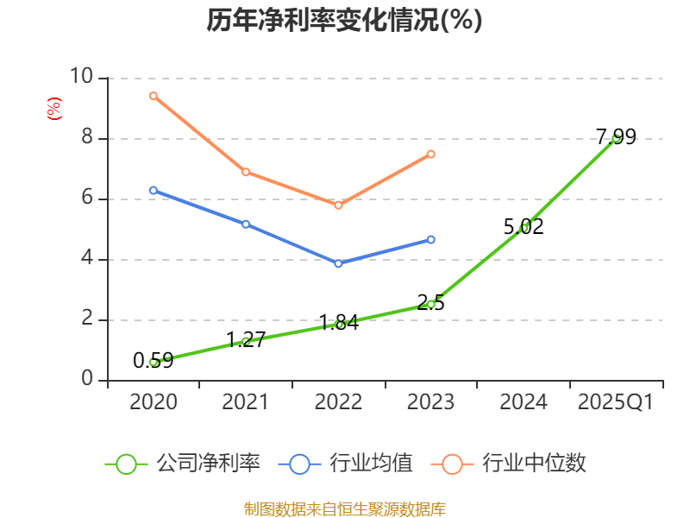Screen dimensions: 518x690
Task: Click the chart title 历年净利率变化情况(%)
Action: click(x=344, y=21)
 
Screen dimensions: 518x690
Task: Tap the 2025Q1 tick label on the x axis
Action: click(x=616, y=401)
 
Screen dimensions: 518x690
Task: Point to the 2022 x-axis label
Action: click(x=338, y=401)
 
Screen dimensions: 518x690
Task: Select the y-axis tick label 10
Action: click(x=82, y=78)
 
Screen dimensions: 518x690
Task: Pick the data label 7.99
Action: click(x=616, y=136)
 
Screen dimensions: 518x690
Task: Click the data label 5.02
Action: click(x=524, y=227)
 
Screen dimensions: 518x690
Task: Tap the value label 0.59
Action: click(x=153, y=361)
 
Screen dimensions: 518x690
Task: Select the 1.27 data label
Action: click(x=245, y=339)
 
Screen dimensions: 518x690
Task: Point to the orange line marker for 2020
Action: click(x=153, y=96)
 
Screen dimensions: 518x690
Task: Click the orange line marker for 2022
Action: click(x=338, y=205)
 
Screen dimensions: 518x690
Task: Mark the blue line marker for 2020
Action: click(x=153, y=190)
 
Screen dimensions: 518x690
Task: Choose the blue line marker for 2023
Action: click(x=431, y=239)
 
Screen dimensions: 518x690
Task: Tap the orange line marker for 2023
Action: click(x=431, y=155)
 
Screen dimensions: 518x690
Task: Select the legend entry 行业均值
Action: click(x=345, y=464)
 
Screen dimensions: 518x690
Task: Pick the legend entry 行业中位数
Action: click(x=514, y=464)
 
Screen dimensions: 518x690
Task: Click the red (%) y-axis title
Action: click(x=53, y=109)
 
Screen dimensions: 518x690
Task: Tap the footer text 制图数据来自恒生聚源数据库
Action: click(x=344, y=509)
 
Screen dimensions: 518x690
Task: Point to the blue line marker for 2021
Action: click(x=246, y=224)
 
